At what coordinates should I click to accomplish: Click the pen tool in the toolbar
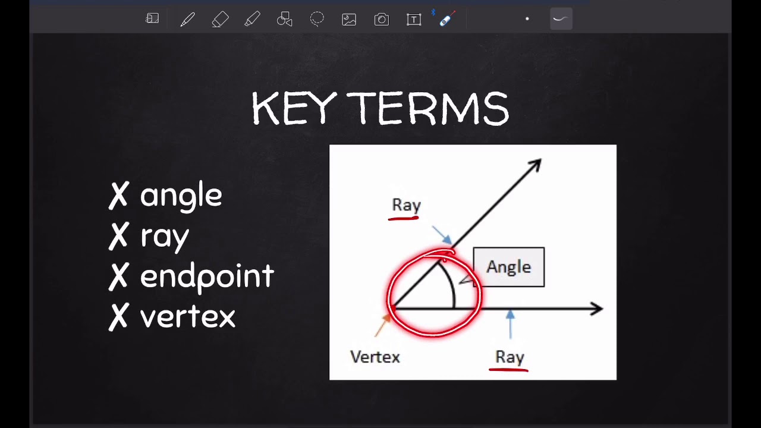[x=188, y=20]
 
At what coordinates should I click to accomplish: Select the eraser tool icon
[x=220, y=20]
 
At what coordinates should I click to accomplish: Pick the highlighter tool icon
[x=252, y=20]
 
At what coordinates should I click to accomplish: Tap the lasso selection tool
[x=317, y=20]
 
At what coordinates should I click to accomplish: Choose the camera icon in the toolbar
[x=381, y=20]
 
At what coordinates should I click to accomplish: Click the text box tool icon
[x=414, y=20]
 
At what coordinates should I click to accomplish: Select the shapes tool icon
[x=285, y=20]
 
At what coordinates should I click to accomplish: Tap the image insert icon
[x=349, y=20]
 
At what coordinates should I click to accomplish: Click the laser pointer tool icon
[x=447, y=19]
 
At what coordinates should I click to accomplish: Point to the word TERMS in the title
[x=428, y=109]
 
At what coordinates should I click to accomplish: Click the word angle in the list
[x=181, y=196]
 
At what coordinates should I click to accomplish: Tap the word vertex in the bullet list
[x=187, y=317]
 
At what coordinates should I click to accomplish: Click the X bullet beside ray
[x=119, y=236]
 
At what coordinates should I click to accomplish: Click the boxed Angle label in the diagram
[x=508, y=267]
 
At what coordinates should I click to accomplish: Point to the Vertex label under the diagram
[x=375, y=357]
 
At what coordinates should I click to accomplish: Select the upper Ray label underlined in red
[x=406, y=205]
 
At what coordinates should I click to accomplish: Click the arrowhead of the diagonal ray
[x=534, y=165]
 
